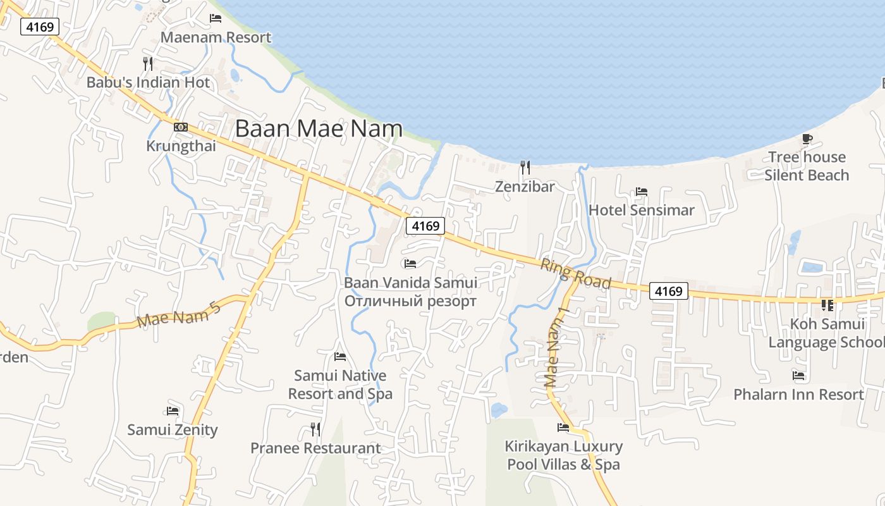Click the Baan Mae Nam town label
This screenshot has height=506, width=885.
tap(319, 129)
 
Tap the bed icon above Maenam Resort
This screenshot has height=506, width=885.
tap(216, 18)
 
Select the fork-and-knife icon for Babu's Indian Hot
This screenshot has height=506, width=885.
tap(148, 64)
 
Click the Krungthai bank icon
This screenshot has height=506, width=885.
tap(181, 128)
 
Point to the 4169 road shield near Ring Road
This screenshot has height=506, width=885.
tap(669, 291)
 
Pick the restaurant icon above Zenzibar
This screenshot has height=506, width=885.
tap(525, 168)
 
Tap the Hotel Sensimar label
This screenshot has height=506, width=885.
tap(641, 210)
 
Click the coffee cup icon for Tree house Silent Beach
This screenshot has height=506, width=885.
tap(807, 139)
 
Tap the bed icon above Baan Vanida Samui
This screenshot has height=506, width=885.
tap(410, 263)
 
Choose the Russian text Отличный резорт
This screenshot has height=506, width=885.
tap(410, 301)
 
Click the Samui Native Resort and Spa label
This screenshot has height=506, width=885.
tap(340, 385)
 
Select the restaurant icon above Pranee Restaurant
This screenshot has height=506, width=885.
tap(315, 429)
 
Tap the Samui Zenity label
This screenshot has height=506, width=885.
tap(173, 430)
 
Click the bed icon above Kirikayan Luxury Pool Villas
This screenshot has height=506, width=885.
tap(563, 428)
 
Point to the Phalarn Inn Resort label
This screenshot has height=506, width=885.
tap(798, 395)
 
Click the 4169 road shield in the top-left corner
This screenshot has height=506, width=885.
tap(40, 27)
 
